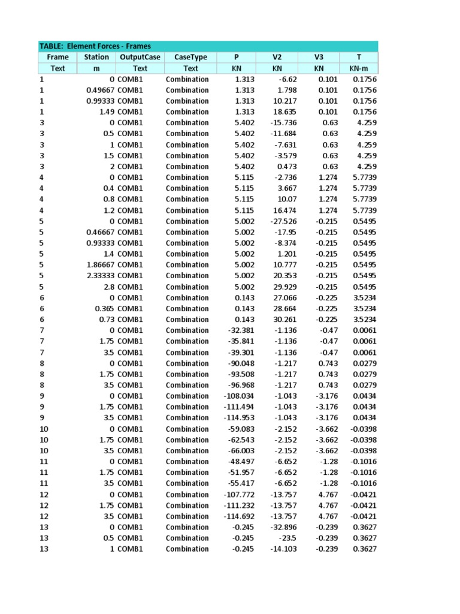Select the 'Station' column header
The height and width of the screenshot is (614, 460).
96,57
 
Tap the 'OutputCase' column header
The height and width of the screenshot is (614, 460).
140,57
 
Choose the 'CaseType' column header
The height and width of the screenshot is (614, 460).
190,57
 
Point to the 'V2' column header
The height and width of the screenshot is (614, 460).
277,57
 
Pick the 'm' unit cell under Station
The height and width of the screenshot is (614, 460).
96,68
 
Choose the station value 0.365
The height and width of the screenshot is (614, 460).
104,308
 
